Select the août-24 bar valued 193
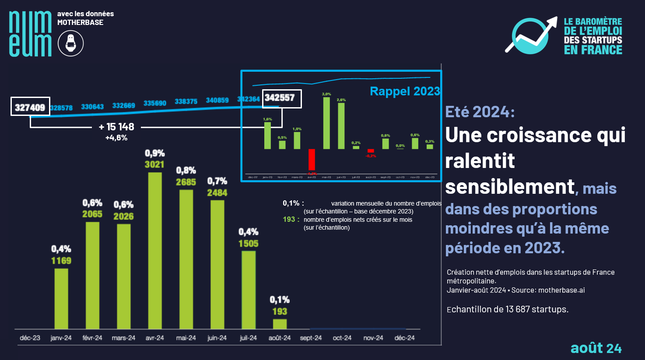click(280, 324)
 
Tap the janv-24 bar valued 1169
click(61, 298)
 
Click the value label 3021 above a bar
click(154, 164)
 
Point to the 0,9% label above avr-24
click(155, 153)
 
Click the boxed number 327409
click(30, 107)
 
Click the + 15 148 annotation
click(116, 127)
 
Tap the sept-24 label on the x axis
click(311, 338)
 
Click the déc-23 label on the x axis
click(30, 338)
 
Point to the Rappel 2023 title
click(405, 91)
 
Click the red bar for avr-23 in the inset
click(312, 160)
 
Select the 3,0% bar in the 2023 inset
click(326, 123)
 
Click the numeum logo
click(30, 34)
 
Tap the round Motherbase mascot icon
click(70, 43)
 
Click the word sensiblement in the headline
click(510, 187)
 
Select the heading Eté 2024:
click(480, 112)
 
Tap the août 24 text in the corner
click(596, 348)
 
